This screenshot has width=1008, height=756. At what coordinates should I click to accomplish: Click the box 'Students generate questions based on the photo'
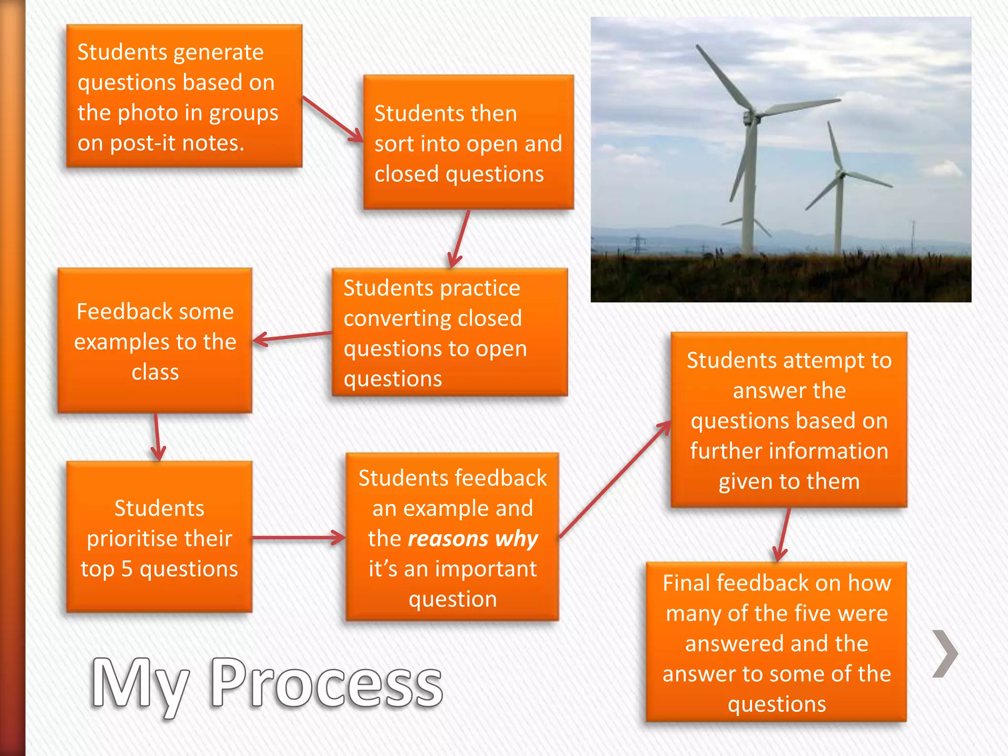pos(184,96)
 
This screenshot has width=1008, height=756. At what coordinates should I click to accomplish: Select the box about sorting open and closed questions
pos(468,143)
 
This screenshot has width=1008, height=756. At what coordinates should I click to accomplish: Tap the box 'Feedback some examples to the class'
pos(155,341)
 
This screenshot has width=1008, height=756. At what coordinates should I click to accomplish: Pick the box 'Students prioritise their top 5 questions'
pos(159,537)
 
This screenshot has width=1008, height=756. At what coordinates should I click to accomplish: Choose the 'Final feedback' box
pos(776,643)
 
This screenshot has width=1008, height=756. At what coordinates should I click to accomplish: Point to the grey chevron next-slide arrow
pos(945,654)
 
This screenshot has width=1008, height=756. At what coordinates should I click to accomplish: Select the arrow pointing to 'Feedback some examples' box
pos(292,337)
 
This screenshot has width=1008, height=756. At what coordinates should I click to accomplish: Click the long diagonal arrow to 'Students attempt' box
pos(615,479)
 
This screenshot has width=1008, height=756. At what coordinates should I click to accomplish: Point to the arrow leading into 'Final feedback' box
pos(783,535)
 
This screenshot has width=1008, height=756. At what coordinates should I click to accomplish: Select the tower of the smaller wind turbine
pos(839,217)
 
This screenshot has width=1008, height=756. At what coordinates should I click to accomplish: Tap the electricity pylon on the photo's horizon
pos(637,243)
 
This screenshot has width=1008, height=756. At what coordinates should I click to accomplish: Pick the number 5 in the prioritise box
pos(127,569)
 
